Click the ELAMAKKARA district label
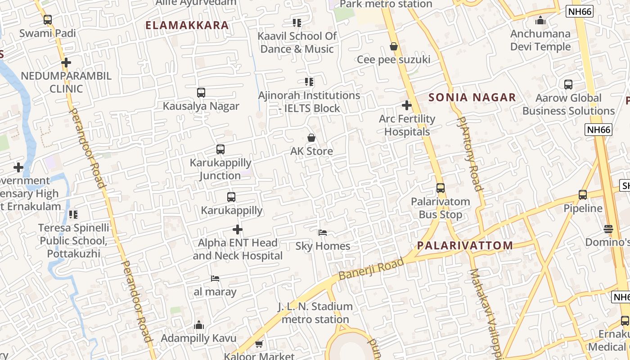point(187,25)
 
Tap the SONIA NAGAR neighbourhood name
point(472,97)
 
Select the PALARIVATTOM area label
point(465,245)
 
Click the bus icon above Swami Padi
point(48,20)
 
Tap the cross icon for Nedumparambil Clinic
point(66,63)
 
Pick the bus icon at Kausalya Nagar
point(201,93)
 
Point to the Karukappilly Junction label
point(220,169)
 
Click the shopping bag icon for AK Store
point(311,138)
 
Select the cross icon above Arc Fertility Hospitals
point(407,105)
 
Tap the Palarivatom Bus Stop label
point(441,208)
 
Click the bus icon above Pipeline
point(583,195)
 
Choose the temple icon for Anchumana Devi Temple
point(540,20)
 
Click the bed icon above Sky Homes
point(323,233)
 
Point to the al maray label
point(215,292)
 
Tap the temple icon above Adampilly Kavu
point(199,325)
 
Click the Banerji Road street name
point(371,269)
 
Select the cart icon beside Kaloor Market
point(259,344)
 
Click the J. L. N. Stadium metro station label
point(315,313)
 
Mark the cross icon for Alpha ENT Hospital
point(238,230)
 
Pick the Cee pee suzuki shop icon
point(394,46)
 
